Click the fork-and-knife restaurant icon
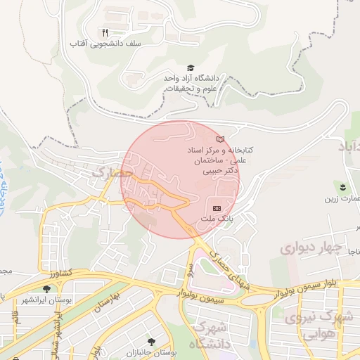click(x=105, y=32)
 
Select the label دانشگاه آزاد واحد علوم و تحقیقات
click(x=191, y=83)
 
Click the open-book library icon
click(x=221, y=139)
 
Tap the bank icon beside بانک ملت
click(x=216, y=208)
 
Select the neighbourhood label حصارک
click(x=112, y=172)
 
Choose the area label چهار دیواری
click(x=310, y=248)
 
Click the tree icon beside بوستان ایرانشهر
click(x=47, y=289)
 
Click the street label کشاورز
click(x=61, y=271)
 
